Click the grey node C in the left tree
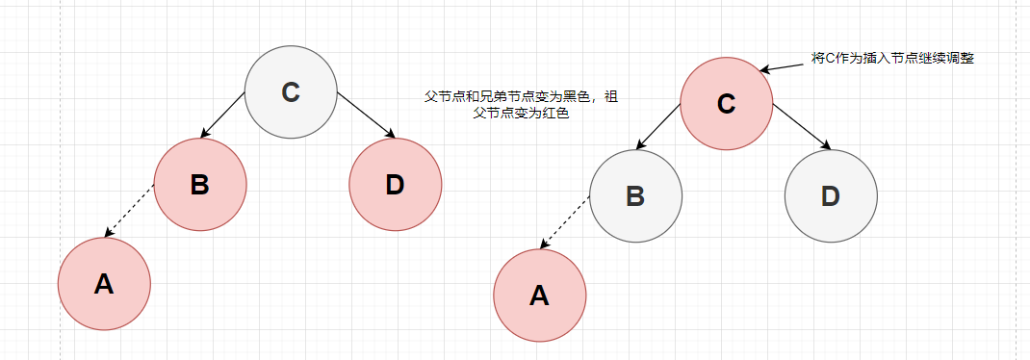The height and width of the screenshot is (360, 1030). (x=291, y=92)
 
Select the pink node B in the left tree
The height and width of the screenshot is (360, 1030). (x=200, y=184)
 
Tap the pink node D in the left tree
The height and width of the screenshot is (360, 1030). (x=396, y=184)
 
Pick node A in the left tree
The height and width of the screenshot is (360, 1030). (x=104, y=284)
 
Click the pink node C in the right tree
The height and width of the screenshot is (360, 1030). (x=727, y=103)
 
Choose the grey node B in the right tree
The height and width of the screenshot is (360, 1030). (x=635, y=195)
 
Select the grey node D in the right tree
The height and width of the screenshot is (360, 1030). (x=831, y=195)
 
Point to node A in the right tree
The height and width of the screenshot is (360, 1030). (x=540, y=296)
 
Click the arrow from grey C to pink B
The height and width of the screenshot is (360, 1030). (x=222, y=116)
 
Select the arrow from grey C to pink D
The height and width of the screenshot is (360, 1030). (x=367, y=116)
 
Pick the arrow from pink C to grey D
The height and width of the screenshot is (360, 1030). (x=802, y=127)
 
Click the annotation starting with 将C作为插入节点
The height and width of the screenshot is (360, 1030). (x=892, y=58)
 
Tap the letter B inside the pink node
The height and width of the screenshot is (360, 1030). (x=200, y=184)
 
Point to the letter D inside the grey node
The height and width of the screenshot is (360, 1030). (x=831, y=195)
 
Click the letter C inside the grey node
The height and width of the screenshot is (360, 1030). (x=291, y=92)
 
